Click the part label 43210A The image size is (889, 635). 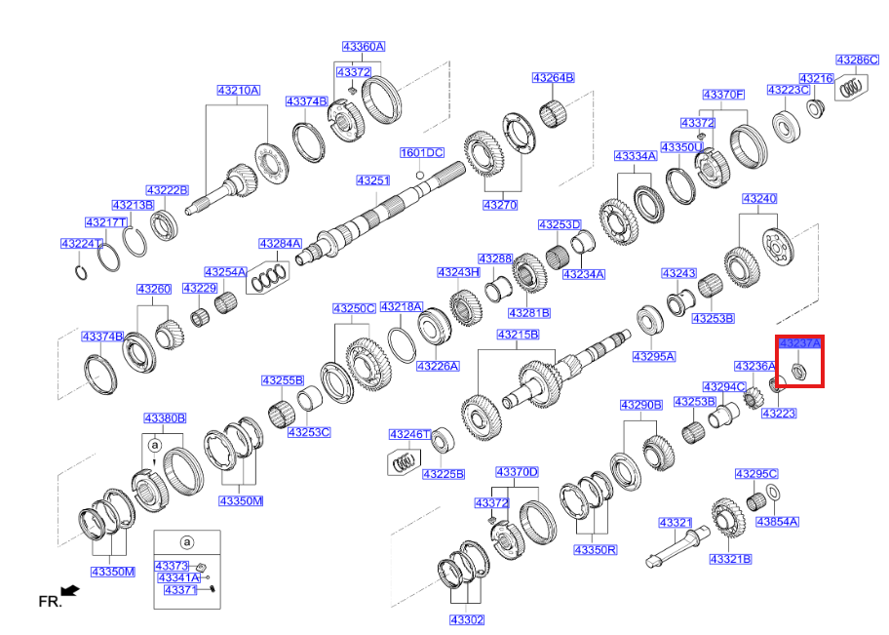point(238,91)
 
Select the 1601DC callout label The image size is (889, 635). point(421,153)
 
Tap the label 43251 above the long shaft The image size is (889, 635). point(372,181)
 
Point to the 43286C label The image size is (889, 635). point(857,60)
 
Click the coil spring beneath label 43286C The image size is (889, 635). point(850,88)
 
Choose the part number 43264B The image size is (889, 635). point(553,78)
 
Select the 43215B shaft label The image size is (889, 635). point(517,335)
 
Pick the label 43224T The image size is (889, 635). point(82,244)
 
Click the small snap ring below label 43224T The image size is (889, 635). point(82,270)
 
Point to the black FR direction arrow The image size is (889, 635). point(69,590)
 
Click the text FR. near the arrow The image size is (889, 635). point(49,602)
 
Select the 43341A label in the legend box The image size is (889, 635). point(178,577)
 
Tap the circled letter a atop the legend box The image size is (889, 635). point(187,542)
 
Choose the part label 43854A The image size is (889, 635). point(776,522)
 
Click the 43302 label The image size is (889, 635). point(467,619)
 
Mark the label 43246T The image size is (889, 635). point(409,434)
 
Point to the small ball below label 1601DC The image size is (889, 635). point(420,175)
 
